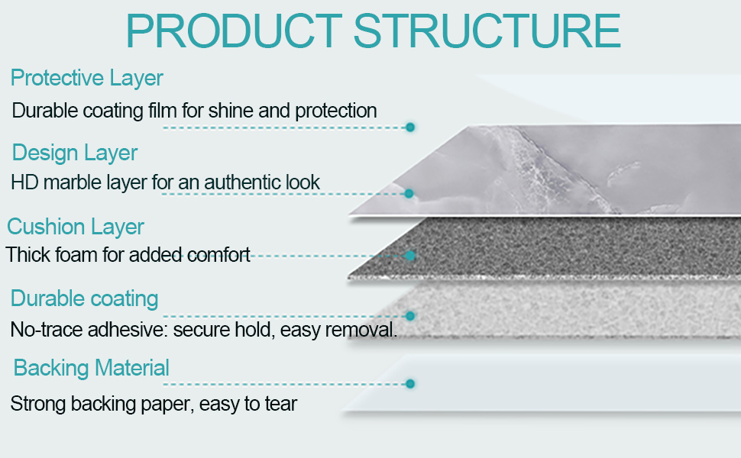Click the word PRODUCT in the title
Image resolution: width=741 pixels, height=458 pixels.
234,31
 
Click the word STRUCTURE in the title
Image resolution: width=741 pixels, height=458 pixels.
487,31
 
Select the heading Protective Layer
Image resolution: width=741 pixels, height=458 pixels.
87,79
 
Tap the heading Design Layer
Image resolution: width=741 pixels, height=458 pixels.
75,153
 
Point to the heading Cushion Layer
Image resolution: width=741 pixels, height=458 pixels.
76,227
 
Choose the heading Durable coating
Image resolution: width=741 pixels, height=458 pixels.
85,299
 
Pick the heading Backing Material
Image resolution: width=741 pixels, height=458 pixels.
91,368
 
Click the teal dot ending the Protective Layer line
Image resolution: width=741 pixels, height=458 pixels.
410,127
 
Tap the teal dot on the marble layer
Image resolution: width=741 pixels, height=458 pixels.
409,194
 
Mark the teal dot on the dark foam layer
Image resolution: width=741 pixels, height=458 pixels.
410,256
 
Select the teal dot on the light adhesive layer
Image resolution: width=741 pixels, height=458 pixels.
410,316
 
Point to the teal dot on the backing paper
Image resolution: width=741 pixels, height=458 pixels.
410,384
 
